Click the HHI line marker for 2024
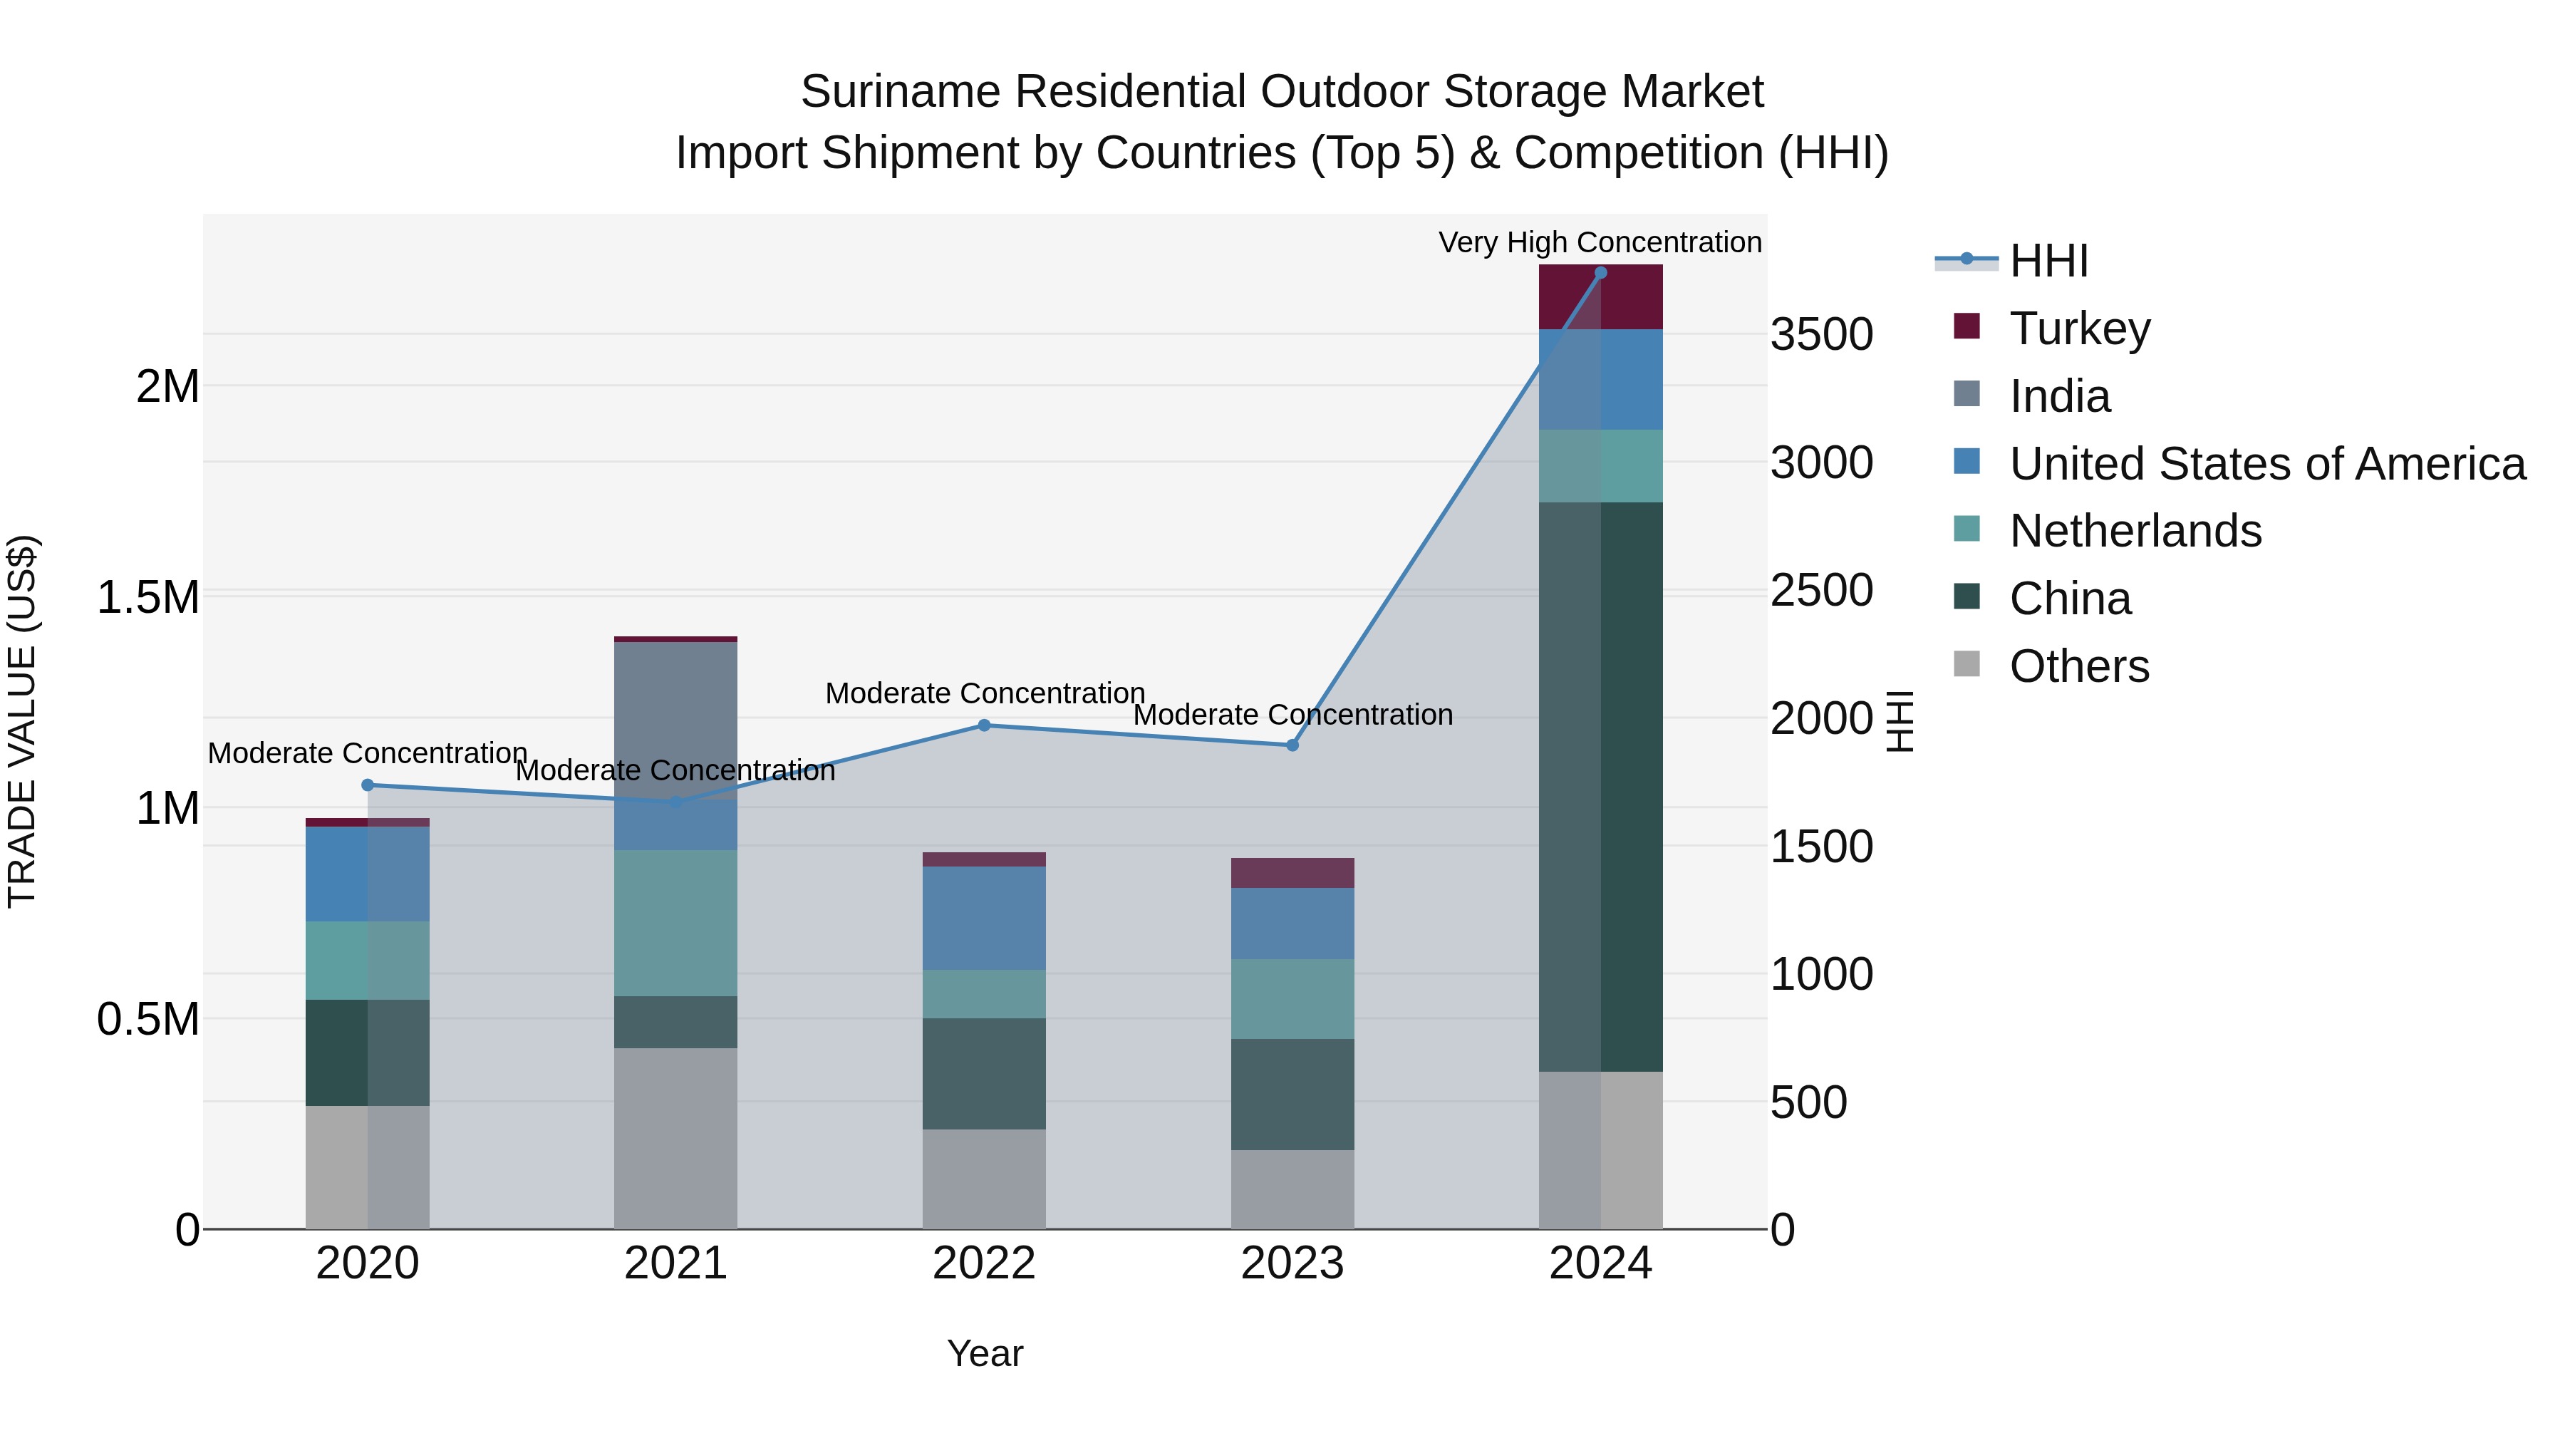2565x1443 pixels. (1600, 273)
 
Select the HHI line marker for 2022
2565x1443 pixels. (984, 725)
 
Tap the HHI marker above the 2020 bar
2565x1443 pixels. (368, 785)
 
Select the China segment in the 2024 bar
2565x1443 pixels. (1600, 787)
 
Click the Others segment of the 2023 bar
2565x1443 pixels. (1292, 1189)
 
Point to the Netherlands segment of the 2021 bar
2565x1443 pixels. (675, 922)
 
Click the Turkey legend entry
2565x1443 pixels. (2079, 329)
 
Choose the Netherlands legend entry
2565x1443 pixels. (2135, 531)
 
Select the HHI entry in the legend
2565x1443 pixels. (2048, 261)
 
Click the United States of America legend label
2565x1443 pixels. (2267, 464)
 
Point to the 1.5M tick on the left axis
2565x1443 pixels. (148, 598)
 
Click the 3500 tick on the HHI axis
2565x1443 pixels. (1821, 335)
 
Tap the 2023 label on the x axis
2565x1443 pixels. (1292, 1263)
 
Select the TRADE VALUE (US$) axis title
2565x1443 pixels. (22, 721)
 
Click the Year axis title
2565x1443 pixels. (984, 1353)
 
